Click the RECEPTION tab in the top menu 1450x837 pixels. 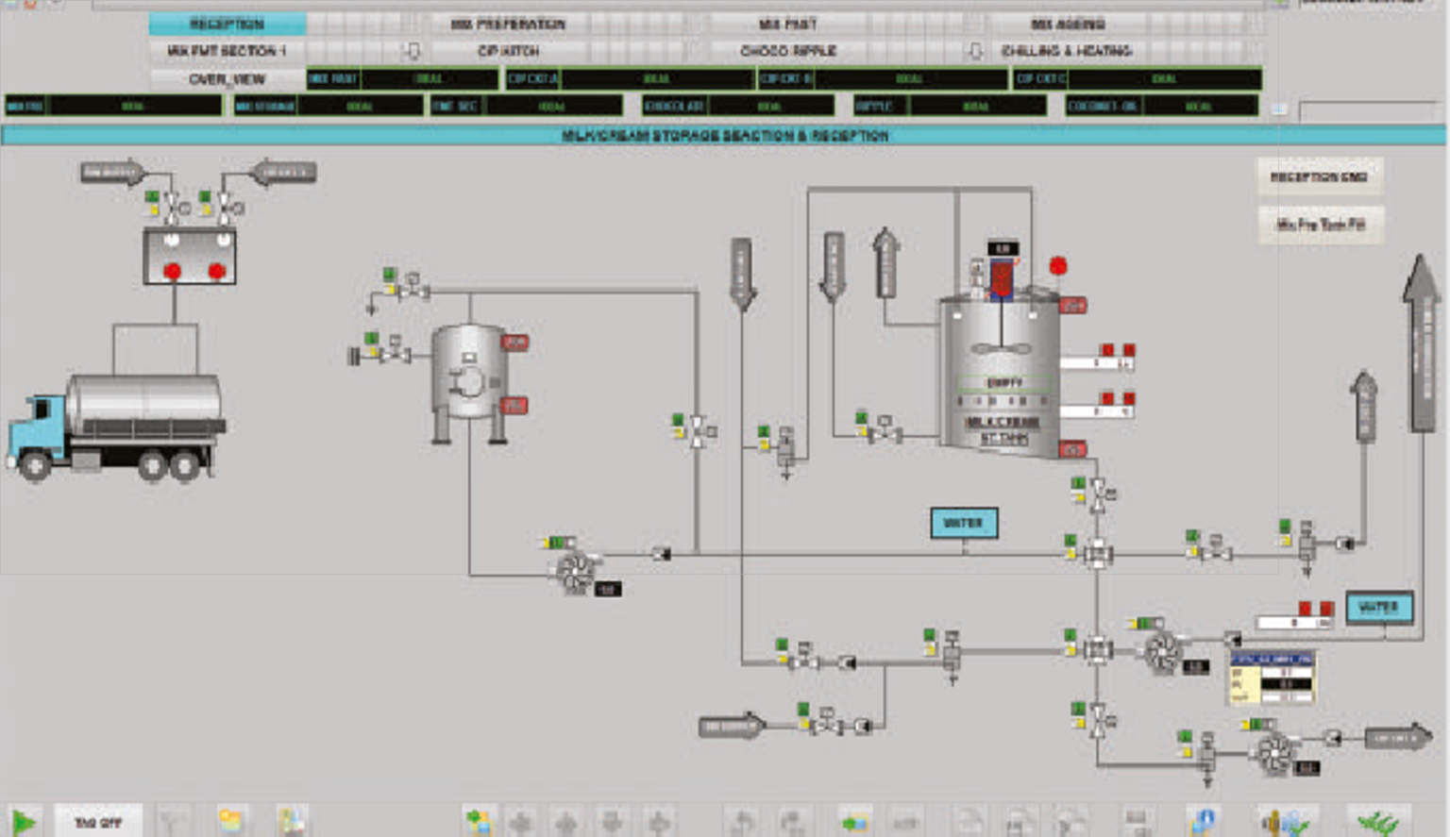click(x=227, y=24)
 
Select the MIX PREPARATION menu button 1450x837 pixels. click(x=508, y=24)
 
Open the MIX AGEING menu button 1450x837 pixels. click(x=1068, y=24)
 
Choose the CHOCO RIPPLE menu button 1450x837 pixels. click(x=788, y=51)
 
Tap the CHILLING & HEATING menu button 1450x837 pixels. click(x=1067, y=51)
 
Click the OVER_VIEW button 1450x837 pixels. click(x=227, y=79)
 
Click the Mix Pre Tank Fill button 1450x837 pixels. click(x=1321, y=225)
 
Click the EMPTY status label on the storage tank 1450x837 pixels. click(x=1003, y=383)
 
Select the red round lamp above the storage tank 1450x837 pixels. click(x=1058, y=266)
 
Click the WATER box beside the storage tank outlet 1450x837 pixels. click(x=964, y=523)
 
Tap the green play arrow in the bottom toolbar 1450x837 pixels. click(x=24, y=822)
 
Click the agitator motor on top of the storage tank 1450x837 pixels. click(x=1002, y=277)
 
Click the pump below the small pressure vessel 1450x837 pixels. click(x=575, y=570)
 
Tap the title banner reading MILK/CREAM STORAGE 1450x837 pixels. click(x=724, y=136)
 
